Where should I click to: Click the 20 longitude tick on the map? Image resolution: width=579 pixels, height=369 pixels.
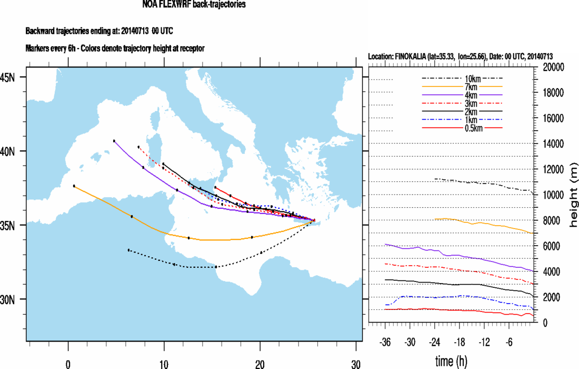259,364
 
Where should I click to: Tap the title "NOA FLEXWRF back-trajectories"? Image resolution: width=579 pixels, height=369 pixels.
194,5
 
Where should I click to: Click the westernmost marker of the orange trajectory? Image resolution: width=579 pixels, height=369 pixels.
74,186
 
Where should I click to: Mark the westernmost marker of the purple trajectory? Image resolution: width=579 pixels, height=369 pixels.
114,141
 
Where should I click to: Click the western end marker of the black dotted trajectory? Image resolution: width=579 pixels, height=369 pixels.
128,250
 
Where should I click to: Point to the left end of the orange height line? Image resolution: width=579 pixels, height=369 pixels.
435,219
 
